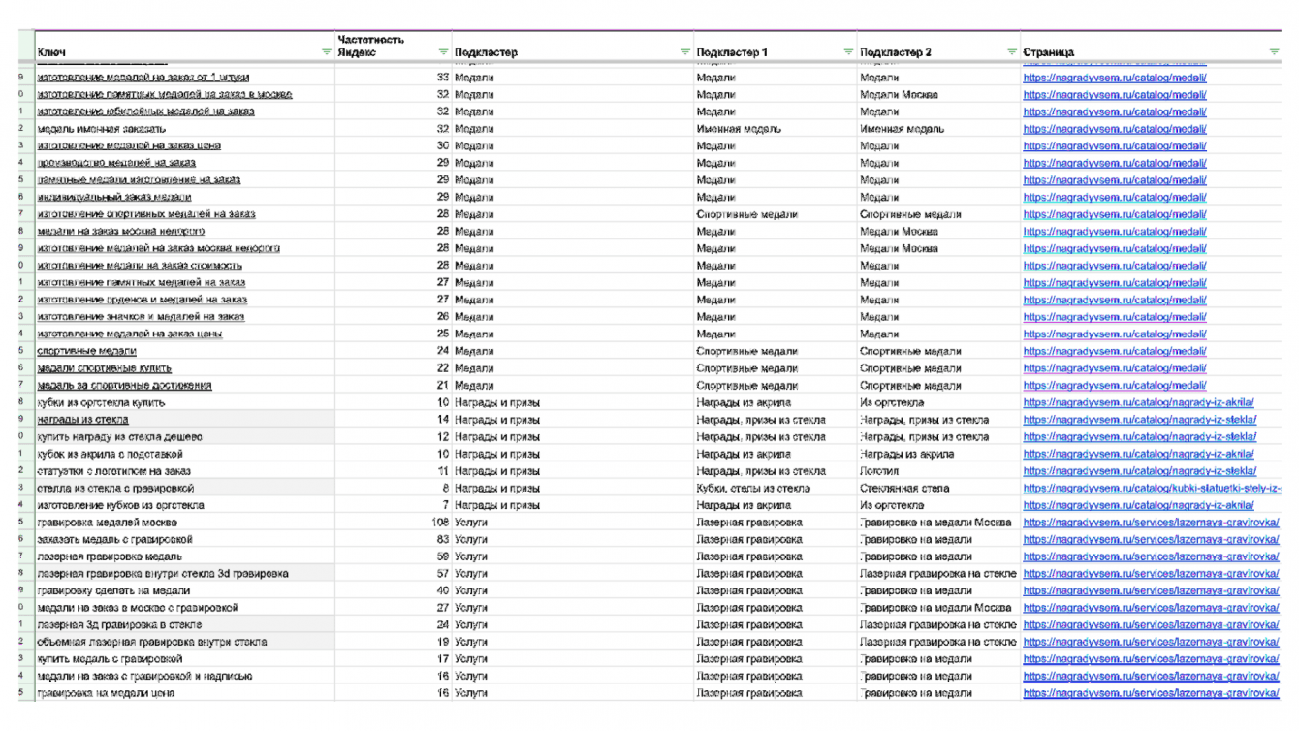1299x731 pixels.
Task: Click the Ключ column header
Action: [51, 52]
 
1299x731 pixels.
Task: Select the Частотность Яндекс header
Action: [371, 46]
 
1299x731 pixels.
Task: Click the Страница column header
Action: [1048, 52]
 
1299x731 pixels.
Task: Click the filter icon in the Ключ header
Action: [327, 52]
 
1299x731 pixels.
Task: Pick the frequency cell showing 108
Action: [439, 523]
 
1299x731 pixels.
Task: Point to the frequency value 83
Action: [443, 540]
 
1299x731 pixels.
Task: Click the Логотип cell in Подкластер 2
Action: [880, 471]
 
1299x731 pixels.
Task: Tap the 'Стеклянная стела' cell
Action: [904, 489]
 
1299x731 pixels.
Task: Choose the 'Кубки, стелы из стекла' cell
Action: [753, 489]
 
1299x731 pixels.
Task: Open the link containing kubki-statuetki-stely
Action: [1152, 489]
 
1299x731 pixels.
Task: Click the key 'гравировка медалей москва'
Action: [107, 523]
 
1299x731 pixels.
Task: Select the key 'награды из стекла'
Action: [83, 420]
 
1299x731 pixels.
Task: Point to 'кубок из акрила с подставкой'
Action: [110, 454]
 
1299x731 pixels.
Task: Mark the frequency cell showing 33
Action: [443, 78]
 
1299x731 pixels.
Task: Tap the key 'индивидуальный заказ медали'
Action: [114, 197]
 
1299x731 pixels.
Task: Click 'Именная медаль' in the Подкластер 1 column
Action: [739, 129]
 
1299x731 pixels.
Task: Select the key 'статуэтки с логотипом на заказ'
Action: [114, 471]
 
